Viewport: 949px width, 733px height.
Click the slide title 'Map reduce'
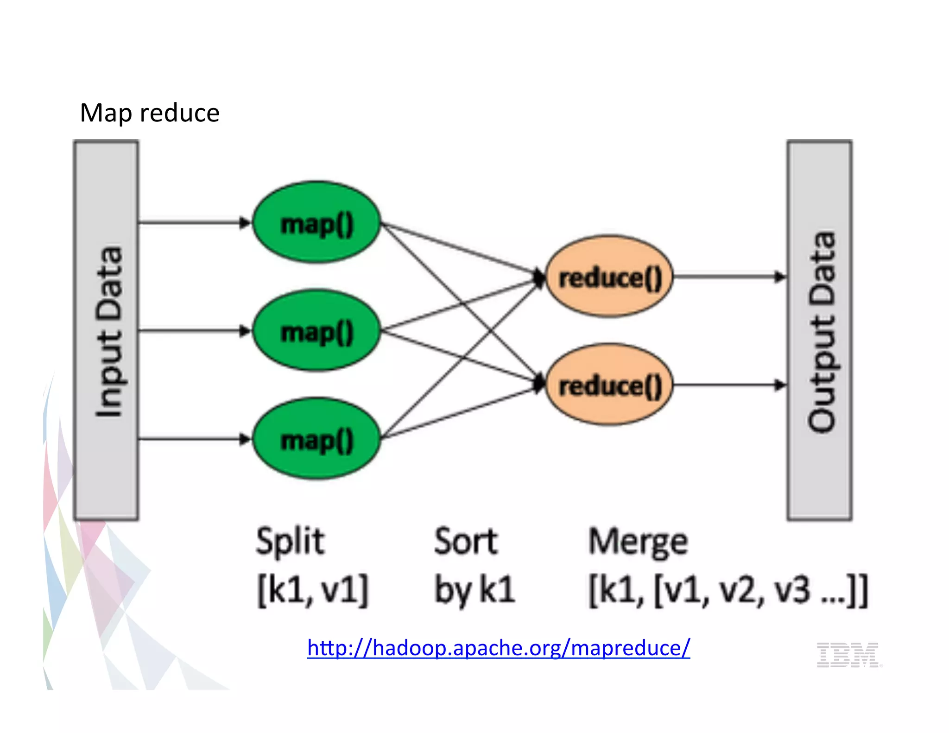[149, 113]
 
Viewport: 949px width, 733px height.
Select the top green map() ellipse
[317, 223]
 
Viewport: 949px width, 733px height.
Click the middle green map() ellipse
[317, 331]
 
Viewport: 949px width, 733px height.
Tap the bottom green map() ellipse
[317, 439]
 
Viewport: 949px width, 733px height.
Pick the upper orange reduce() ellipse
[609, 277]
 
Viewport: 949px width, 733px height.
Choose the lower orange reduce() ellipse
[609, 385]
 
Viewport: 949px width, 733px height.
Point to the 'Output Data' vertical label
[821, 331]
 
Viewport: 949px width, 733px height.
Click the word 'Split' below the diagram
[290, 541]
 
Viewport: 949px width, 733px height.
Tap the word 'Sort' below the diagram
[466, 541]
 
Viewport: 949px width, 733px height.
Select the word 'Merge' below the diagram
[638, 542]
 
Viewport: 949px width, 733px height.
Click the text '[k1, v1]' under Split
[313, 590]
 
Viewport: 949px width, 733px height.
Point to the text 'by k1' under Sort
[474, 590]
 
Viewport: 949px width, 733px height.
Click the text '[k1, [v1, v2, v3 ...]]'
[728, 590]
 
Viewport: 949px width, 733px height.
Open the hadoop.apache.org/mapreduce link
[498, 648]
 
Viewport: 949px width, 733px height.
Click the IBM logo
[848, 655]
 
